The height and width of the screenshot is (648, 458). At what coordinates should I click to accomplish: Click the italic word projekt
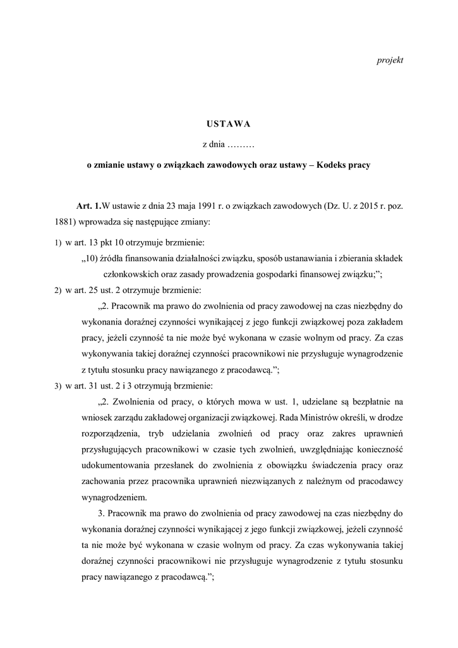[x=390, y=60]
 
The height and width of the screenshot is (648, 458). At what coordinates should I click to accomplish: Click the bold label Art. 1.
[x=88, y=207]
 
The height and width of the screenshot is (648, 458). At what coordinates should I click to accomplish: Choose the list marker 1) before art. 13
[x=57, y=242]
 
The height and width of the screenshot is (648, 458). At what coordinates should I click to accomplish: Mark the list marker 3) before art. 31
[x=57, y=385]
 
